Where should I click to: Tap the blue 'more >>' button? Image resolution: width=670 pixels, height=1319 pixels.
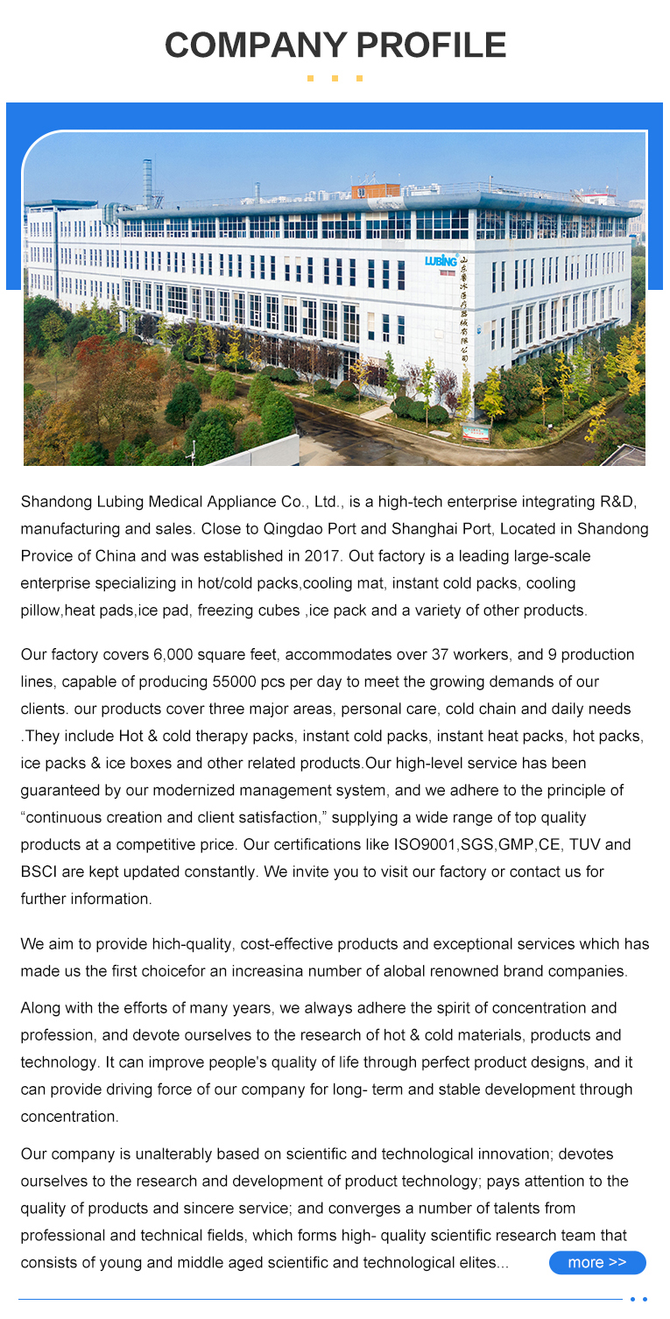(x=597, y=1262)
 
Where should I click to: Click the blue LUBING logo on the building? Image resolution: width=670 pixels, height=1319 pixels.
(x=441, y=260)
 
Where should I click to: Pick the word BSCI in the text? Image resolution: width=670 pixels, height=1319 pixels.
(x=39, y=872)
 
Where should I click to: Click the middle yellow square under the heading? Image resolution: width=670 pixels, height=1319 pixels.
(x=335, y=79)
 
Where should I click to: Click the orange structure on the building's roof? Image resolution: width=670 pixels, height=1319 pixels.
(x=375, y=190)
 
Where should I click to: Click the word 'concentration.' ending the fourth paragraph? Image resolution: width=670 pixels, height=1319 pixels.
(x=69, y=1117)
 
